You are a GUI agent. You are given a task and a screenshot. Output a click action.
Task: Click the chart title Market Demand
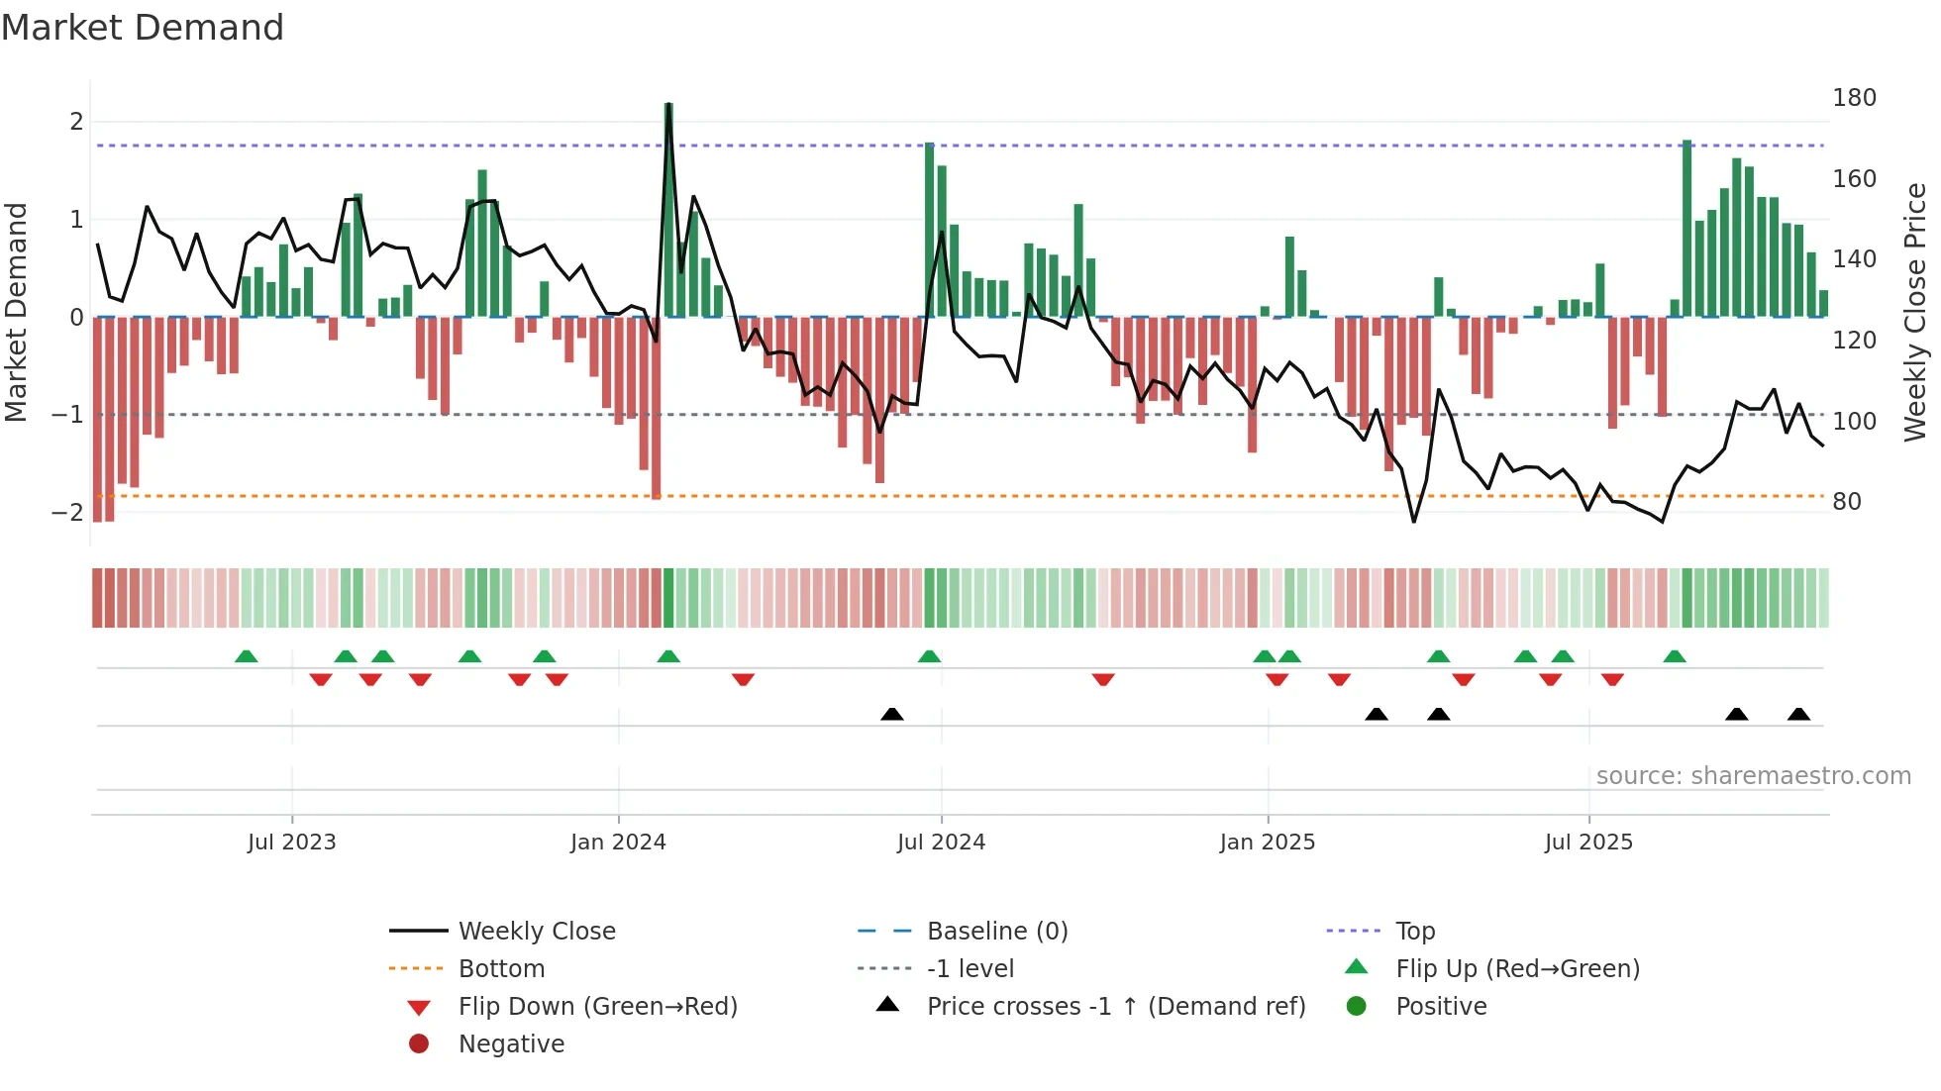point(143,28)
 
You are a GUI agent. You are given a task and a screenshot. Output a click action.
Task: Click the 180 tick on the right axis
point(1854,98)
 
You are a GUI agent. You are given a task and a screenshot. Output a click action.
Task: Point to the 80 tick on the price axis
point(1846,502)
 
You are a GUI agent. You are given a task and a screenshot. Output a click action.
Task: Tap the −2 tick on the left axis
point(67,513)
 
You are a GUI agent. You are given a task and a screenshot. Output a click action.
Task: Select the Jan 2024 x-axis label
point(618,843)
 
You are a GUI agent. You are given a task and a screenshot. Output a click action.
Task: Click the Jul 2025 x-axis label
point(1588,843)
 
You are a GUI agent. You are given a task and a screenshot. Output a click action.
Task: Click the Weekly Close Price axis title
point(1915,312)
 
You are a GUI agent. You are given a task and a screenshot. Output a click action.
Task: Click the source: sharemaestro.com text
point(1753,776)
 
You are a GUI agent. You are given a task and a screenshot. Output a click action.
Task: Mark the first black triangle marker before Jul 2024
point(892,714)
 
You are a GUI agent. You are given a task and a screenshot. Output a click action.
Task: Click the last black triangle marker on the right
point(1799,714)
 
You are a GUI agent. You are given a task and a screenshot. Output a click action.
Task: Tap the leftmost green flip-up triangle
point(247,656)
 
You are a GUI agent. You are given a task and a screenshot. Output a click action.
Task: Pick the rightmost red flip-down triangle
point(1612,679)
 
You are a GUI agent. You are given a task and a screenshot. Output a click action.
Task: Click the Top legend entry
point(1414,932)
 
